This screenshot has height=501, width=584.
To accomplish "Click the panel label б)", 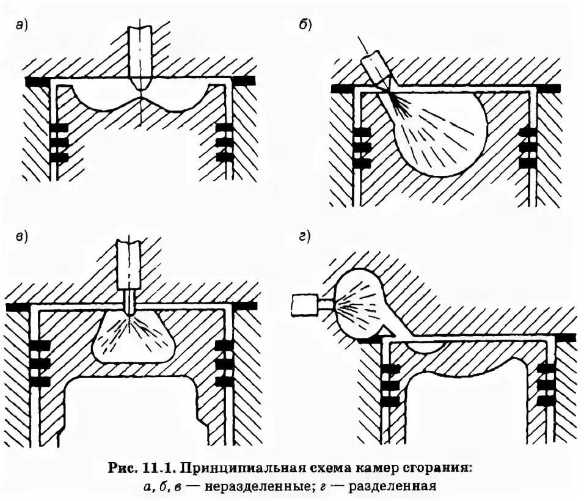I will [x=305, y=25].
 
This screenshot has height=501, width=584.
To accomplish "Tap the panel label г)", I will [x=305, y=237].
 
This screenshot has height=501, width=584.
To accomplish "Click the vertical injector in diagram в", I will [x=129, y=269].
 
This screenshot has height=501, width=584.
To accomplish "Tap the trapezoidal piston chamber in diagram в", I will [x=134, y=339].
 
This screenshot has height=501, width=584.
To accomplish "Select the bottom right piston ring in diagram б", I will [x=527, y=163].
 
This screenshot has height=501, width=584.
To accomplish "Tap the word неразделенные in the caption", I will [x=244, y=488].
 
